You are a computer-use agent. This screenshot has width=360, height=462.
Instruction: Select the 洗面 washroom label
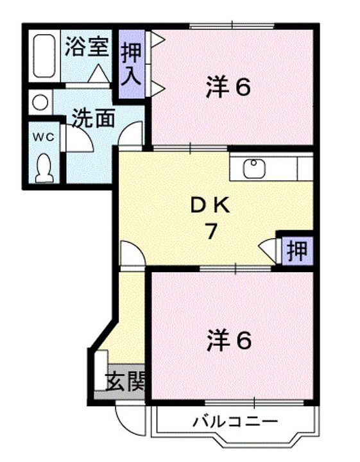[x=94, y=118]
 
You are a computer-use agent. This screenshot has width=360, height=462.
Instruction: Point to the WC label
[x=43, y=137]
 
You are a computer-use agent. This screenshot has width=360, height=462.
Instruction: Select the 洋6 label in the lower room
[x=228, y=340]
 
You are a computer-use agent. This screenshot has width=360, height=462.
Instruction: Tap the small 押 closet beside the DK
[x=296, y=248]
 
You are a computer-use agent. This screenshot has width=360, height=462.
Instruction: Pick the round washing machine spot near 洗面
[x=40, y=102]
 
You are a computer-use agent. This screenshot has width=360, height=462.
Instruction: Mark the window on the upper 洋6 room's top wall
[x=232, y=26]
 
